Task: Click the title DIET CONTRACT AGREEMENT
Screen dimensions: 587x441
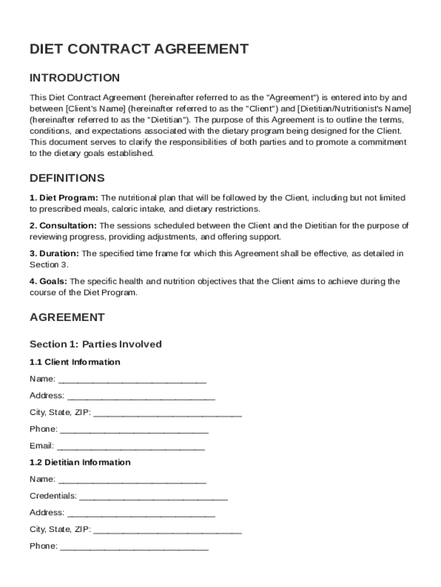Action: click(139, 49)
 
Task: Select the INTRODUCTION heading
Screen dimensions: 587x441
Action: click(75, 78)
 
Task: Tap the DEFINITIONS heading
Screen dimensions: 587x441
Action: click(67, 178)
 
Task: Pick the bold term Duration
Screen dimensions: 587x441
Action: click(59, 253)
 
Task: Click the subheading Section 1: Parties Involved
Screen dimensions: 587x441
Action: click(96, 345)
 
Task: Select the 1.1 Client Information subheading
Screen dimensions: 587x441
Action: click(75, 362)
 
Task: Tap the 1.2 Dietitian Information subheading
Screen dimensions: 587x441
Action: click(80, 463)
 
